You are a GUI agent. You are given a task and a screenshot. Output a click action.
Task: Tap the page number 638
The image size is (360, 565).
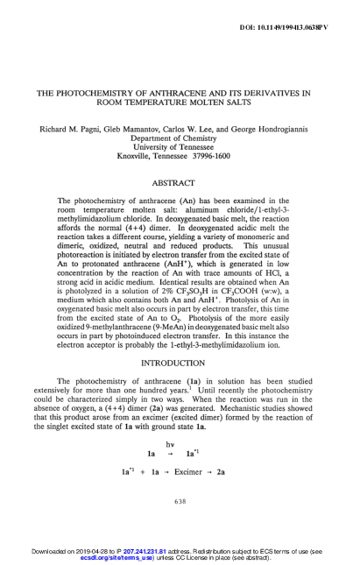tap(180, 500)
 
